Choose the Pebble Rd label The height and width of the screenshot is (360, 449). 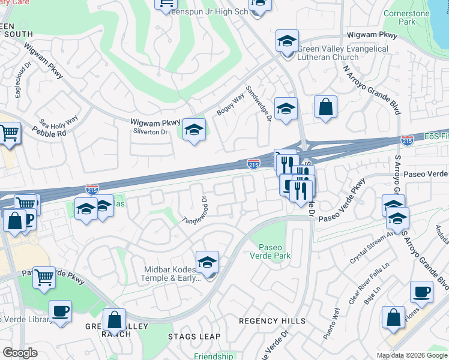[x=53, y=133]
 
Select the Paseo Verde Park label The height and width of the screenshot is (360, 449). [x=274, y=251]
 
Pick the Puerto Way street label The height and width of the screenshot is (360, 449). [x=331, y=324]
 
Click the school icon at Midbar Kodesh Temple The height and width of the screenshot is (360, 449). [x=207, y=262]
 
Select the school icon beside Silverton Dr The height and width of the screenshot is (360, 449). [x=194, y=130]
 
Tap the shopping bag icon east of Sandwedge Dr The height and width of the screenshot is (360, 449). [x=325, y=107]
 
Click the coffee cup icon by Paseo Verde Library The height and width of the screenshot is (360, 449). [x=60, y=311]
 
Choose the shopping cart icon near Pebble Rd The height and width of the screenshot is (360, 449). [x=8, y=133]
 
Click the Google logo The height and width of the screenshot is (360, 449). [x=20, y=353]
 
